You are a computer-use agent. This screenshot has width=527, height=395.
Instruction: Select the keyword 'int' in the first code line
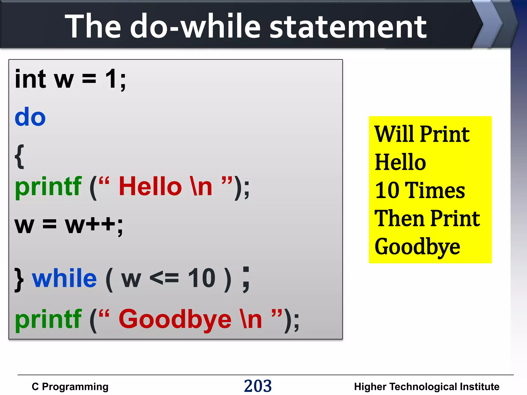pyautogui.click(x=30, y=79)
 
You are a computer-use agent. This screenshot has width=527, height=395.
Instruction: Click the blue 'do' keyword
pyautogui.click(x=30, y=117)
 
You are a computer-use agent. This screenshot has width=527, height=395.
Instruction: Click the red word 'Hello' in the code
pyautogui.click(x=150, y=186)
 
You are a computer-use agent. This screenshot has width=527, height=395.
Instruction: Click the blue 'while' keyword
pyautogui.click(x=64, y=278)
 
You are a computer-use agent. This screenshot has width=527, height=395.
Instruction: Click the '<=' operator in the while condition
pyautogui.click(x=164, y=278)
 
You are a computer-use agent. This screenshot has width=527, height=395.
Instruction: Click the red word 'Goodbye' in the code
pyautogui.click(x=175, y=319)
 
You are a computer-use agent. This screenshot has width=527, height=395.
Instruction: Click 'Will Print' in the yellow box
pyautogui.click(x=422, y=134)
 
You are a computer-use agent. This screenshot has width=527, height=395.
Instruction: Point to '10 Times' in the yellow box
pyautogui.click(x=420, y=190)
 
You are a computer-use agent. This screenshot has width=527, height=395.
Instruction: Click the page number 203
pyautogui.click(x=258, y=386)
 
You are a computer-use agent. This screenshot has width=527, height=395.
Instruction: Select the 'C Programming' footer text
pyautogui.click(x=70, y=387)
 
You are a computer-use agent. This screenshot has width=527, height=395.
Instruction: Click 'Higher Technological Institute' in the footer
pyautogui.click(x=427, y=387)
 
